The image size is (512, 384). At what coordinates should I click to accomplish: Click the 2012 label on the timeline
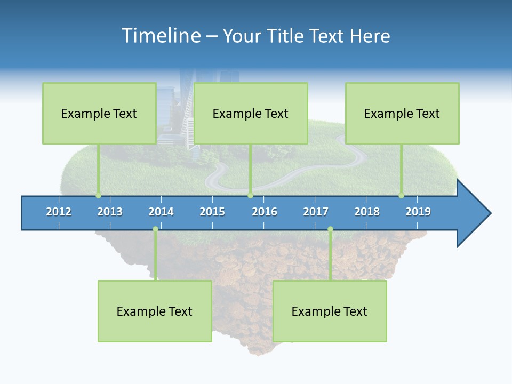point(59,212)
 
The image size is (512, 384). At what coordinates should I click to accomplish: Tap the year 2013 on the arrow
point(110,212)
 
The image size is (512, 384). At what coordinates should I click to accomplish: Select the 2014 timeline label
point(161,212)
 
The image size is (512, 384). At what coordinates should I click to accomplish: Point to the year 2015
point(212,212)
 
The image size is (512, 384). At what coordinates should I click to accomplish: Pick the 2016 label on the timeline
point(265,212)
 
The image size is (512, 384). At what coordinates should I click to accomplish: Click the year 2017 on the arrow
point(316,212)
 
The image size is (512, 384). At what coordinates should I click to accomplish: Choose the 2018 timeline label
point(367,212)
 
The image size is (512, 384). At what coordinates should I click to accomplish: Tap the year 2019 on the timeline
point(418,212)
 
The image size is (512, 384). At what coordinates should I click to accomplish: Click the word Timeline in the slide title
point(160,36)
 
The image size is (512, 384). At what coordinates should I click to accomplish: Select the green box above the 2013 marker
point(99,113)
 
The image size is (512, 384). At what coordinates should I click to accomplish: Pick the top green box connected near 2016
point(251,113)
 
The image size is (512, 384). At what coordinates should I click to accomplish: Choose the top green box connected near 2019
point(402,113)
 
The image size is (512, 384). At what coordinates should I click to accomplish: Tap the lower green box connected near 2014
point(155,311)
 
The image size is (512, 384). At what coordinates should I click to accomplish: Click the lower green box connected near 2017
point(330,311)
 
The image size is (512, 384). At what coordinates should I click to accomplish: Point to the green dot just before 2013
point(98,195)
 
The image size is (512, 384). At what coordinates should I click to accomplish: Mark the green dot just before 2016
point(251,195)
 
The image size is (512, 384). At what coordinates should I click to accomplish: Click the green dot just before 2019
point(402,195)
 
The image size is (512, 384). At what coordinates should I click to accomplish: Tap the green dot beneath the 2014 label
point(155,229)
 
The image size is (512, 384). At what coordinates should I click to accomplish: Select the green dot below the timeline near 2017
point(330,229)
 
